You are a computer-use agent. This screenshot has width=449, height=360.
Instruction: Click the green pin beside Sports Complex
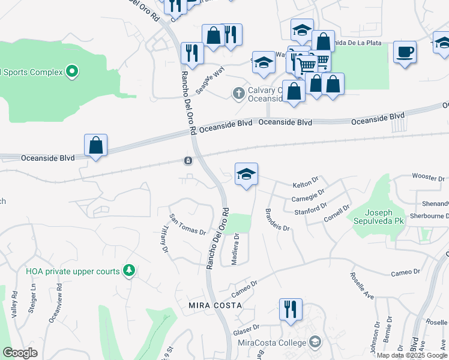(x=71, y=72)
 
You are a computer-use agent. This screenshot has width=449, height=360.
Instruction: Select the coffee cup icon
(x=405, y=52)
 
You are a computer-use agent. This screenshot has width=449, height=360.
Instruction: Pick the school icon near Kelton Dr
(x=246, y=174)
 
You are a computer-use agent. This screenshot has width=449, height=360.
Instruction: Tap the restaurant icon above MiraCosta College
(x=291, y=309)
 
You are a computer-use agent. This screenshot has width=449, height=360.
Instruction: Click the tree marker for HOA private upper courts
(x=128, y=271)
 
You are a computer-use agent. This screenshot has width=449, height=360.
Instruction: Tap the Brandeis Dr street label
(x=277, y=220)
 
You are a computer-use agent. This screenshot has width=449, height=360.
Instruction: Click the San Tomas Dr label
(x=187, y=224)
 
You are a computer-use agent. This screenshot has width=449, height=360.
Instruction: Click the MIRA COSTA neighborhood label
(x=215, y=305)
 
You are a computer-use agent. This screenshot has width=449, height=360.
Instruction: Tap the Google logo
(x=20, y=353)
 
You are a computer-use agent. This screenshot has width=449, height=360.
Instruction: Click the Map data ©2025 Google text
(x=411, y=355)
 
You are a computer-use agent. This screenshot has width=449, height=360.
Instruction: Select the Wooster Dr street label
(x=428, y=178)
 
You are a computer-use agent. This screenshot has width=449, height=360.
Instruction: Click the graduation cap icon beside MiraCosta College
(x=315, y=342)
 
